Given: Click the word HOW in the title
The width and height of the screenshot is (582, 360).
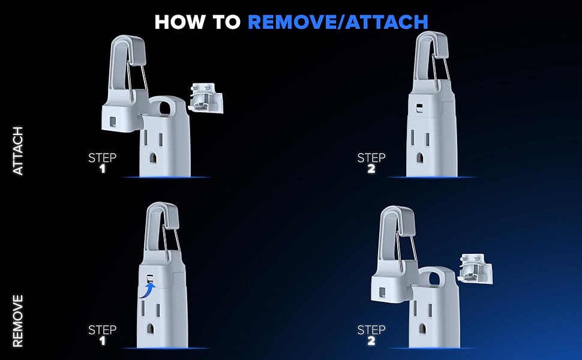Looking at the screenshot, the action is [179, 22].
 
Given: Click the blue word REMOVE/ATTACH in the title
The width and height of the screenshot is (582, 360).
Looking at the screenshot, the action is [338, 22].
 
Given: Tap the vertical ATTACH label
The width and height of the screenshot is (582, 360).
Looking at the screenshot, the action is [18, 151].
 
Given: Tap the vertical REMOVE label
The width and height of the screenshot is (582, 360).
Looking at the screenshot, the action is [18, 320].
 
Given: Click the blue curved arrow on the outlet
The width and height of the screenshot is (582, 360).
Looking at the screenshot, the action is [148, 289].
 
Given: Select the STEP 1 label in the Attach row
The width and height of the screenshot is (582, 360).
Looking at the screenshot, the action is [102, 163].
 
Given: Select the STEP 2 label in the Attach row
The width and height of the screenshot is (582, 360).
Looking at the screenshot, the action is [371, 163].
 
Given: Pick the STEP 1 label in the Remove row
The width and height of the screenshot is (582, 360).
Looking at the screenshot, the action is [102, 335].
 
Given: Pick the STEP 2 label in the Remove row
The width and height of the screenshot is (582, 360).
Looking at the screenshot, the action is [371, 335].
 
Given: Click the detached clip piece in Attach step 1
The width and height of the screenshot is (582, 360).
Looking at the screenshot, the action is [206, 98].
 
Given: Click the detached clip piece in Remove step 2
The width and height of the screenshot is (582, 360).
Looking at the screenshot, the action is [475, 268].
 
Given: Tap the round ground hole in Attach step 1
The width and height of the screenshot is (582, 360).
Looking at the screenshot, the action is [153, 158].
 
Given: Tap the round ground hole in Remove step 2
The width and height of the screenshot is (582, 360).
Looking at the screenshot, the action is [422, 328].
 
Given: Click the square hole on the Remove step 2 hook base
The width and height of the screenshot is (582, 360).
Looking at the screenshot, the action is [382, 292].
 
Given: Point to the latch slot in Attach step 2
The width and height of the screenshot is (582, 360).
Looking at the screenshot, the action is [419, 108].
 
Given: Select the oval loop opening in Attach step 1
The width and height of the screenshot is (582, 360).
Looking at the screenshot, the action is [164, 107].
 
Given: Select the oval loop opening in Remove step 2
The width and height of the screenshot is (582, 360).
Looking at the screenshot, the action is [434, 278].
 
